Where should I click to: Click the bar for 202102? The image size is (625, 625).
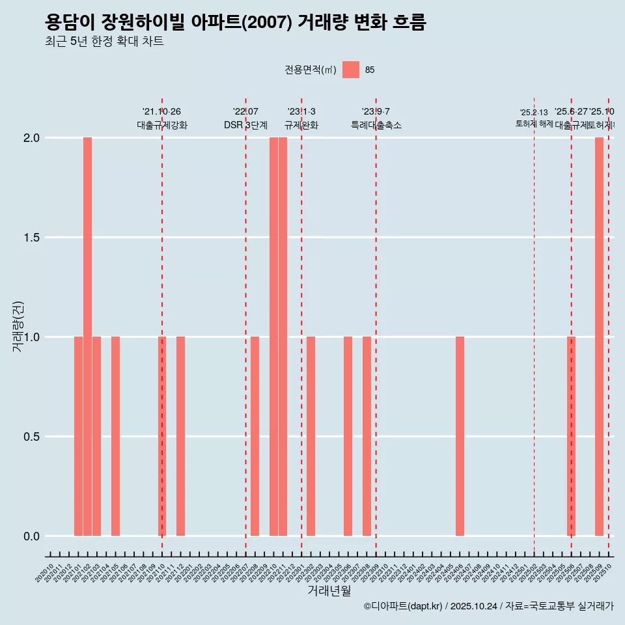(x=87, y=337)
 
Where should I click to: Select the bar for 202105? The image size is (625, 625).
(x=115, y=436)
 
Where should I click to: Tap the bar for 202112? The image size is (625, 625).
(x=180, y=436)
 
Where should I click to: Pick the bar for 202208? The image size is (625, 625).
(x=255, y=436)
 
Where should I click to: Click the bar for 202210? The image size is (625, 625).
(x=273, y=337)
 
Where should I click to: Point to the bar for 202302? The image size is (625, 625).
(x=311, y=436)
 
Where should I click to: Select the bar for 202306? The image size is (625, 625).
(x=348, y=436)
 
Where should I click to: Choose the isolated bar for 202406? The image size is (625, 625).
(x=460, y=436)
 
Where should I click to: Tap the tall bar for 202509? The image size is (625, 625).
(x=599, y=337)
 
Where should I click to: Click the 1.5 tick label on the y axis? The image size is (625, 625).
(x=31, y=238)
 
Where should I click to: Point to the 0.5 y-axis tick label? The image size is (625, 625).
(x=31, y=437)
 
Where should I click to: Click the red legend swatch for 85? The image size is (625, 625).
(x=351, y=70)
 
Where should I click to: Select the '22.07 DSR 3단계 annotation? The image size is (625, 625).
(x=245, y=118)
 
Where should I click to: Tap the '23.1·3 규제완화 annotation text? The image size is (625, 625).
(x=301, y=118)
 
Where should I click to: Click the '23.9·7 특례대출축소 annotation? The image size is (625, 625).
(x=376, y=118)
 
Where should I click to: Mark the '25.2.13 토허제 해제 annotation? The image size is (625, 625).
(x=534, y=118)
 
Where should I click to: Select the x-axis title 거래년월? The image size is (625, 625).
(x=329, y=590)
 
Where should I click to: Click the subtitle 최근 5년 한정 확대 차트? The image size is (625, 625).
(x=104, y=42)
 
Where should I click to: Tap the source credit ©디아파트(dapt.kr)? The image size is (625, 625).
(x=404, y=606)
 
